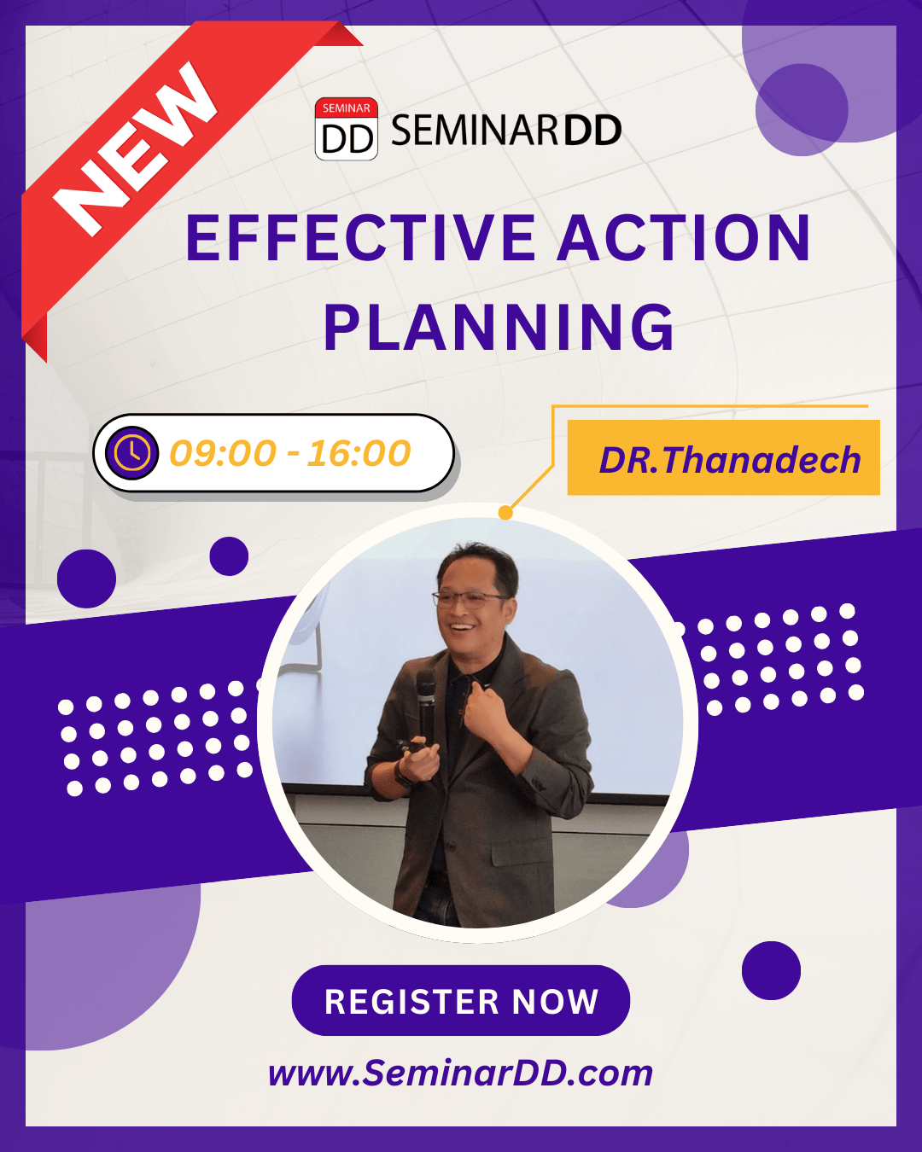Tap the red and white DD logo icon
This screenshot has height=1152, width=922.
click(x=346, y=129)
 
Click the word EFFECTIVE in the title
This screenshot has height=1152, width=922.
click(x=360, y=237)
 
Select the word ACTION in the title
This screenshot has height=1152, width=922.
click(x=684, y=237)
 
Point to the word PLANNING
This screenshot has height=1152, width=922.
click(x=499, y=327)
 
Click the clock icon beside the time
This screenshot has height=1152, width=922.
click(x=131, y=453)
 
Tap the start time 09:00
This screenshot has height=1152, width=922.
click(x=223, y=453)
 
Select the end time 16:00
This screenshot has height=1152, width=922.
click(x=359, y=453)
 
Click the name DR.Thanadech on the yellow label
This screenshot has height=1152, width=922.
click(x=730, y=459)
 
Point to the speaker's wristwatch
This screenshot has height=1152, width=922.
click(x=402, y=774)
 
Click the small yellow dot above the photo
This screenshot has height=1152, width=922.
click(x=505, y=512)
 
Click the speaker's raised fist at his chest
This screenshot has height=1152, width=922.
click(x=486, y=707)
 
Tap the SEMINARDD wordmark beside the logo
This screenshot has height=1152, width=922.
click(x=506, y=130)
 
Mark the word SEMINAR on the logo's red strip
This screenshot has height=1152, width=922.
click(x=346, y=108)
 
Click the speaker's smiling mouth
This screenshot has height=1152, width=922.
click(x=463, y=626)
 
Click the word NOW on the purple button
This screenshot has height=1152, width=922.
click(x=555, y=1001)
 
